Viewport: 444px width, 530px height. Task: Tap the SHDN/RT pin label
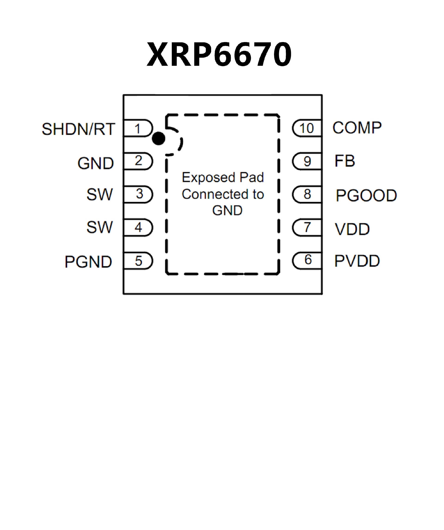point(78,129)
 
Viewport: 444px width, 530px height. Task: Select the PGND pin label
point(88,262)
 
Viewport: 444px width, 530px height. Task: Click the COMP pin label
point(357,128)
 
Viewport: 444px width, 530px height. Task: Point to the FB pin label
point(345,161)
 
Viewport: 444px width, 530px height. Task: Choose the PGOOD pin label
point(366,195)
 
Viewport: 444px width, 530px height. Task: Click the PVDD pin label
point(357,261)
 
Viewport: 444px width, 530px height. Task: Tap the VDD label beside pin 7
point(352,229)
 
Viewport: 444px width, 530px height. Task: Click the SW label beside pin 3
point(99,195)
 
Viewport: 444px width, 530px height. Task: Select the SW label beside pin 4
point(99,227)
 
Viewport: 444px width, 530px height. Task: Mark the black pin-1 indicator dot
point(159,138)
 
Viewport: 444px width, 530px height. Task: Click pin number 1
point(138,129)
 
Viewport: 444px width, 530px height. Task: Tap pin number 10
point(306,128)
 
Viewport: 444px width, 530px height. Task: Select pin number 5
point(139,261)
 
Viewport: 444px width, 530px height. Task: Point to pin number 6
point(308,260)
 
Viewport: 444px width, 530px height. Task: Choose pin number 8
point(307,194)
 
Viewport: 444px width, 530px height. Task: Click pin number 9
point(307,161)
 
